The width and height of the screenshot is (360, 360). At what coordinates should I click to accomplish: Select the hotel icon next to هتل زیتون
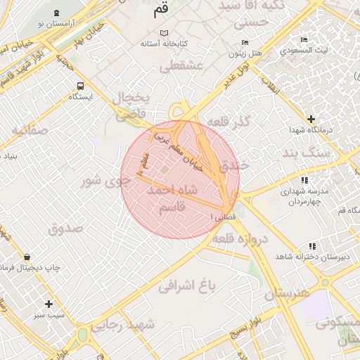(233, 41)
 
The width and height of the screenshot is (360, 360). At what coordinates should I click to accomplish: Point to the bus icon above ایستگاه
(80, 86)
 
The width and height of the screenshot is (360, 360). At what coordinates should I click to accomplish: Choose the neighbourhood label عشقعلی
(181, 67)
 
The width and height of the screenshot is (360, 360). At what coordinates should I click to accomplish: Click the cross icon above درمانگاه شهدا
(311, 119)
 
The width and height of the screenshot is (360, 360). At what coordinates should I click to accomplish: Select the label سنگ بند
(306, 152)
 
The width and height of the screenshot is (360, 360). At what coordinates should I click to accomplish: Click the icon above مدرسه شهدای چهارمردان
(304, 180)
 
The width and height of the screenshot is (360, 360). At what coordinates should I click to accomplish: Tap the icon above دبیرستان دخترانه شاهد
(311, 245)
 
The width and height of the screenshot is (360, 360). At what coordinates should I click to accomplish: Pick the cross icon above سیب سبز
(49, 304)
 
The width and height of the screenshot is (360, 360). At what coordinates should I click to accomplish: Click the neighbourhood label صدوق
(66, 228)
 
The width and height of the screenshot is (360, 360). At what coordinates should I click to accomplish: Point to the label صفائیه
(29, 130)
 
